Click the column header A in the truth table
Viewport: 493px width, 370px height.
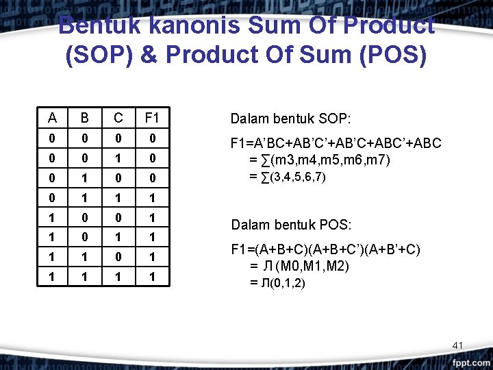pyautogui.click(x=53, y=118)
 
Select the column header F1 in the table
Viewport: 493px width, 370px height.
pyautogui.click(x=151, y=118)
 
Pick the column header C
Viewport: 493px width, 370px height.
pyautogui.click(x=118, y=118)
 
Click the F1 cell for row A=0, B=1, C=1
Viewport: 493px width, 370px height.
pyautogui.click(x=151, y=197)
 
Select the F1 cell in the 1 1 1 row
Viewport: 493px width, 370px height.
pyautogui.click(x=151, y=277)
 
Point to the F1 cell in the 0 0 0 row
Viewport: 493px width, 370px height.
pyautogui.click(x=151, y=138)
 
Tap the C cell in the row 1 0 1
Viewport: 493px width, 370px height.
pyautogui.click(x=118, y=237)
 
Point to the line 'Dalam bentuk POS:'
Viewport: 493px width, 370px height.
pyautogui.click(x=291, y=225)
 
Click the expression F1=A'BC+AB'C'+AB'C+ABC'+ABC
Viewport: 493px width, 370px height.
pyautogui.click(x=336, y=144)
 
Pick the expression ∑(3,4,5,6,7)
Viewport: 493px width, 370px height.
pyautogui.click(x=288, y=177)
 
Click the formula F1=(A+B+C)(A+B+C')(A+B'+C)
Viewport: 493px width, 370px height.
pyautogui.click(x=326, y=250)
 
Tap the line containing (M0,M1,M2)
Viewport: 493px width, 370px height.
pyautogui.click(x=299, y=267)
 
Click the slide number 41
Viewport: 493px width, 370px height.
pyautogui.click(x=458, y=344)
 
